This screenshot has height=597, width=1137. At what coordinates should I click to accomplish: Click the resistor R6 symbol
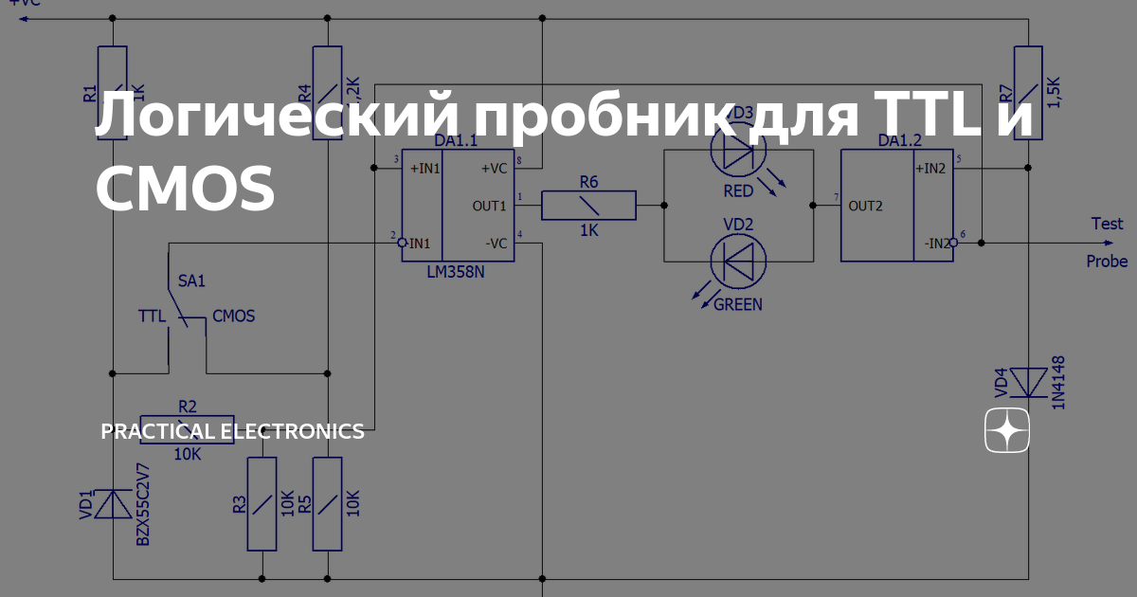pos(588,205)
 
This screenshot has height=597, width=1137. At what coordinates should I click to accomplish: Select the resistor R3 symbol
pos(262,503)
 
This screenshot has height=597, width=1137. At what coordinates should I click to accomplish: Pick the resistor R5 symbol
pos(327,503)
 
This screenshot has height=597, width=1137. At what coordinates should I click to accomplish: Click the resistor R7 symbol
pos(1028,93)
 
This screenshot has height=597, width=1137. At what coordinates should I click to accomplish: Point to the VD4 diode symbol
pos(1028,383)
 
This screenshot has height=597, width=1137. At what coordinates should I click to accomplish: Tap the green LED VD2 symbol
pos(738,260)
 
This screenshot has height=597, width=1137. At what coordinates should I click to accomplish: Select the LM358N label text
pos(456,272)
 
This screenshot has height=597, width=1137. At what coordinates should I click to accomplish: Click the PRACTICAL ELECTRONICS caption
pos(232,432)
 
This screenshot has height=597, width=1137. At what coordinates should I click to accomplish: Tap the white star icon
pos(1007,432)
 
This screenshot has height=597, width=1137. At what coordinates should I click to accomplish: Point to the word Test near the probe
pos(1107,224)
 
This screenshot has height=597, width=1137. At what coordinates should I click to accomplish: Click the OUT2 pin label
pos(866,205)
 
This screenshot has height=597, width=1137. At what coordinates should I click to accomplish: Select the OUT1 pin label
pos(490,205)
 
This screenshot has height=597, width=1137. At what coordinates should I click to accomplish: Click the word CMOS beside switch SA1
pos(233,316)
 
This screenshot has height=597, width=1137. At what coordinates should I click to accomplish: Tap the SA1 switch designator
pos(192,281)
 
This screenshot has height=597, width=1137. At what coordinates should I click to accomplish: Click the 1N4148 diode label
pos(1058,383)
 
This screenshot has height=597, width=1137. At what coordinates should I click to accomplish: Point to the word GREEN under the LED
pos(738,304)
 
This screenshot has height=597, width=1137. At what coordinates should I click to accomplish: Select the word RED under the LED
pos(738,190)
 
